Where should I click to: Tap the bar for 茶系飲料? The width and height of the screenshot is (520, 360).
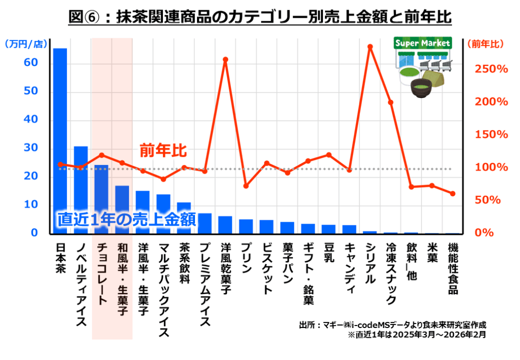(184, 218)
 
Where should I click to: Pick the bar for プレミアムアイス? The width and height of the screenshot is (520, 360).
(205, 223)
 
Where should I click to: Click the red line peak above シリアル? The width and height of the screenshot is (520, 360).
(370, 47)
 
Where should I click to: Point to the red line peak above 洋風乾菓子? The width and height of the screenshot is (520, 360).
(225, 59)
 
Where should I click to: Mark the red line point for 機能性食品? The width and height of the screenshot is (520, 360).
(452, 193)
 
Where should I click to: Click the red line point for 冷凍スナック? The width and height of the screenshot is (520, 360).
(391, 103)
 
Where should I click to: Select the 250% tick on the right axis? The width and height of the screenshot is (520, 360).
(492, 69)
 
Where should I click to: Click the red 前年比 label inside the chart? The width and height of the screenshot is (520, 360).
(164, 151)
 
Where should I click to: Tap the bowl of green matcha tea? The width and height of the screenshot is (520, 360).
(421, 87)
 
